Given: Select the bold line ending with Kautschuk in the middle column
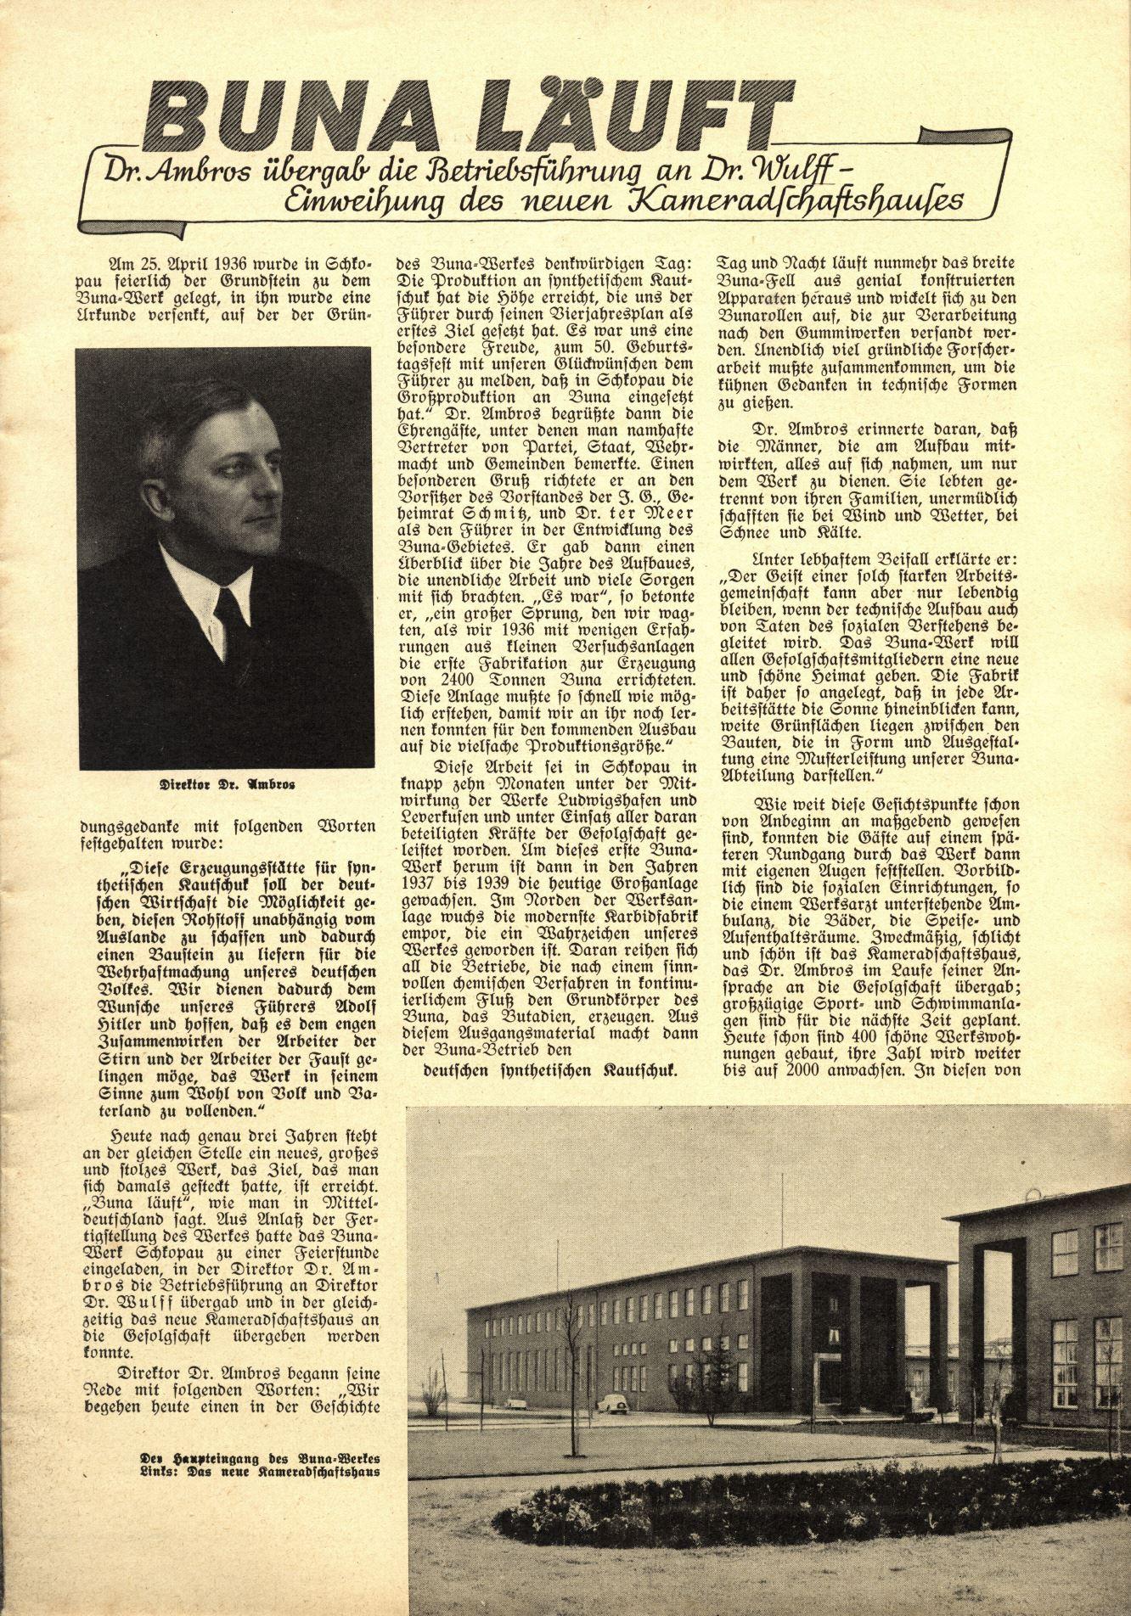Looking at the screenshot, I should pyautogui.click(x=550, y=1069).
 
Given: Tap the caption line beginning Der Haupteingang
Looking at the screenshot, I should pyautogui.click(x=260, y=1457).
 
